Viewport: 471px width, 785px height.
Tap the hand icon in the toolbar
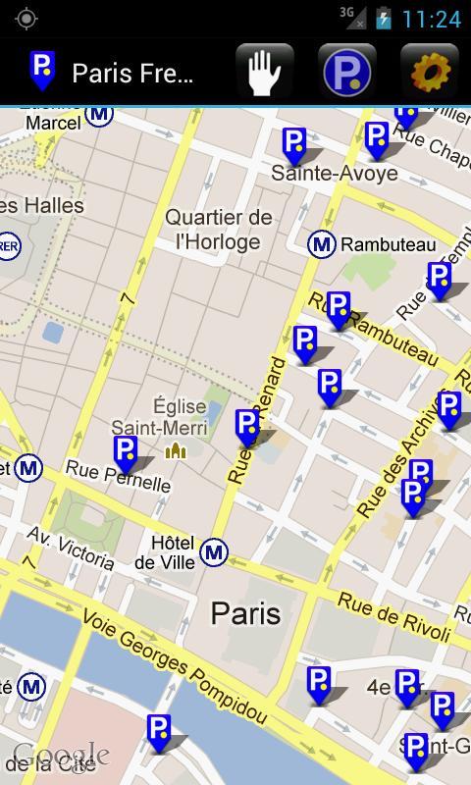point(264,72)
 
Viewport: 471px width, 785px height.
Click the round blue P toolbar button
point(347,72)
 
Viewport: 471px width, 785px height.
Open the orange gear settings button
point(430,72)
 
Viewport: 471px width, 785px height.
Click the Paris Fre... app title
point(131,73)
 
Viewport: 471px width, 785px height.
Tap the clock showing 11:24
point(431,19)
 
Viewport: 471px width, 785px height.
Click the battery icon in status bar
point(383,19)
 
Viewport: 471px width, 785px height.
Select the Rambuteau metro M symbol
point(321,244)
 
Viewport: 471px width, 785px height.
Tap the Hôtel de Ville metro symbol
point(214,552)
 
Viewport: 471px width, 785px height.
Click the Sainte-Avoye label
point(335,174)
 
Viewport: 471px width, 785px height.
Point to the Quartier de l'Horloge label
point(218,229)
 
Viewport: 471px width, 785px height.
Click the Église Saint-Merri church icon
point(176,450)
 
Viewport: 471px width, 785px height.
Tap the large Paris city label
point(245,614)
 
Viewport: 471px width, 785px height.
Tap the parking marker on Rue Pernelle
point(126,453)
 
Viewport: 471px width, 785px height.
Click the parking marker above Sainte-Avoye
point(294,145)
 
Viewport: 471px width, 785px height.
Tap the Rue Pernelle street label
point(118,478)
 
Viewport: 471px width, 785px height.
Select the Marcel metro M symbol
point(98,114)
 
